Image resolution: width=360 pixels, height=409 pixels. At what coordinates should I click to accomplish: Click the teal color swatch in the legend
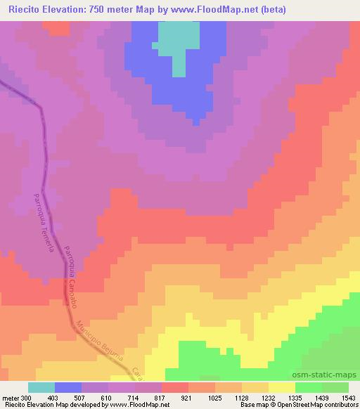click(x=41, y=387)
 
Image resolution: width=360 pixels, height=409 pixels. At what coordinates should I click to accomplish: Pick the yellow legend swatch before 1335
click(x=282, y=387)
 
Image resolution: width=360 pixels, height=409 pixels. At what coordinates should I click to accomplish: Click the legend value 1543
click(x=349, y=397)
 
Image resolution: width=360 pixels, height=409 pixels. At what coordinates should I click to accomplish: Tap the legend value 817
click(x=161, y=397)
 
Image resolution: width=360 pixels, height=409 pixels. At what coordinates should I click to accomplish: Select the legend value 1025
click(x=215, y=397)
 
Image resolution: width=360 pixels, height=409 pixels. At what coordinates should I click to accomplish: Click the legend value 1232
click(x=269, y=397)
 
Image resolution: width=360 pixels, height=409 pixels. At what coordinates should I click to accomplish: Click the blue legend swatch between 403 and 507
click(x=68, y=387)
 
